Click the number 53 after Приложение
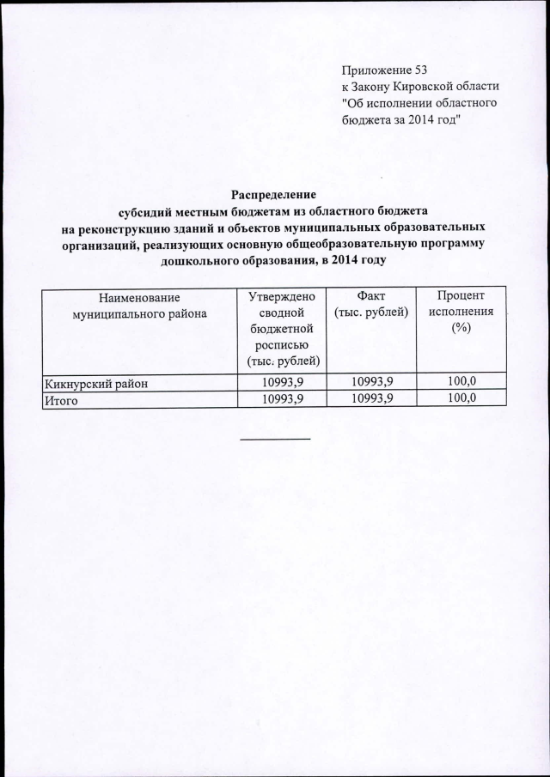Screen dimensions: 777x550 pyautogui.click(x=419, y=70)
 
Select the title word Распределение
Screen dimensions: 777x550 pyautogui.click(x=275, y=194)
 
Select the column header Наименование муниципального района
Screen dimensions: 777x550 pyautogui.click(x=140, y=306)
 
